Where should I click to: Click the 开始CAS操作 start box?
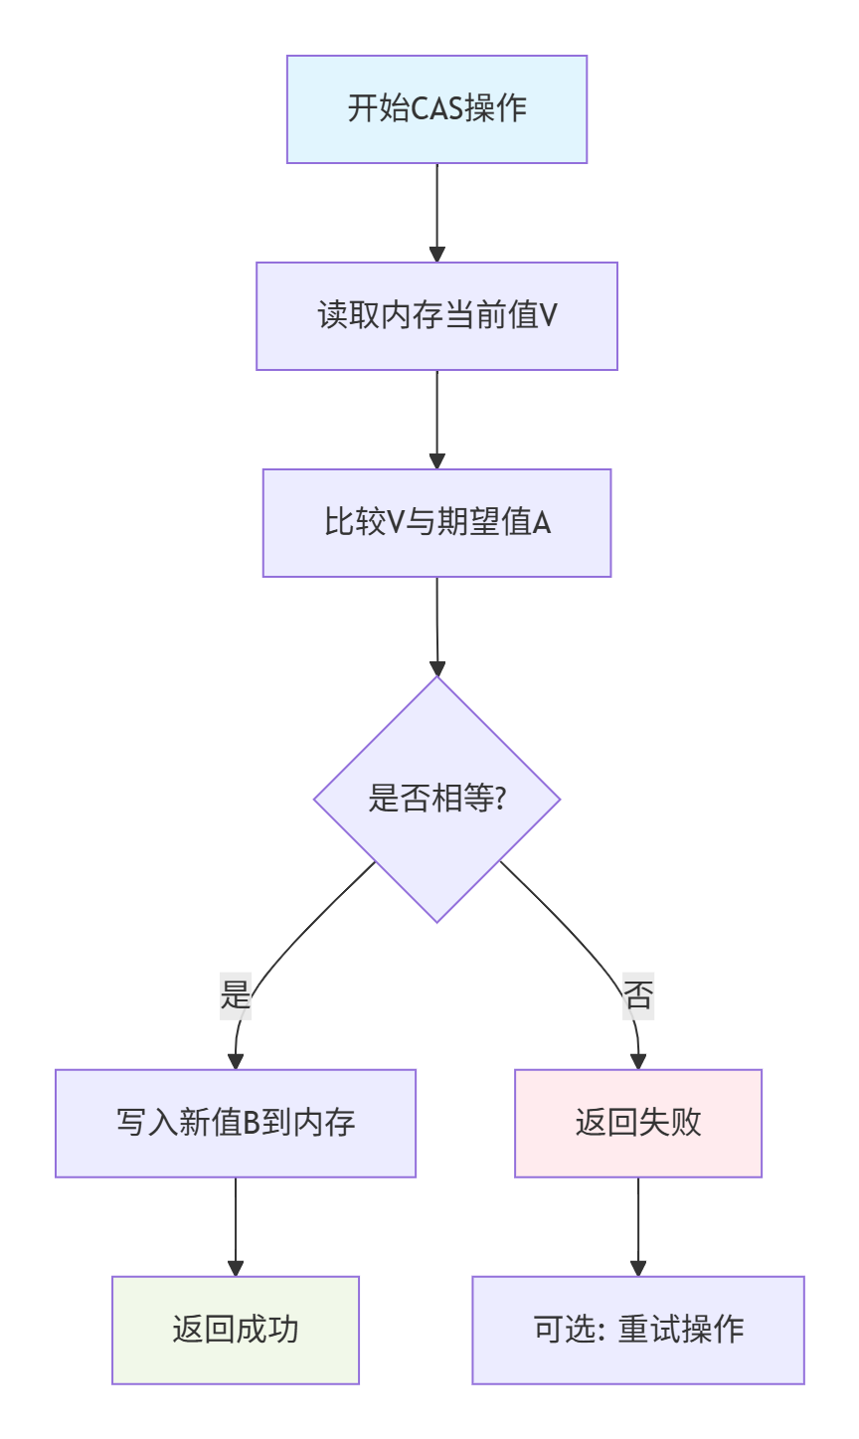pos(436,109)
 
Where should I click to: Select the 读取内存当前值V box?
pos(436,316)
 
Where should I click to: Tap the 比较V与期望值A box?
pos(436,523)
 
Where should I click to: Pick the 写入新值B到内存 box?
pos(236,1124)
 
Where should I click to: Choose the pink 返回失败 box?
pos(638,1124)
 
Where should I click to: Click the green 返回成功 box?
pos(236,1331)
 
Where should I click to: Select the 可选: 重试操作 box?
pos(638,1331)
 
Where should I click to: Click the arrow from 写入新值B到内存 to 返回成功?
pos(236,1225)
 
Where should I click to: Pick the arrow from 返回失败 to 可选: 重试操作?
pos(638,1225)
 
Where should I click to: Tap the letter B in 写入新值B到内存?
pos(252,1124)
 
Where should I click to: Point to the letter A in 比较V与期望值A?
pos(542,523)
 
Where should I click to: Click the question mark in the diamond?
pos(499,799)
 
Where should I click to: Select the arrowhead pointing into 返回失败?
pos(638,1061)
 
